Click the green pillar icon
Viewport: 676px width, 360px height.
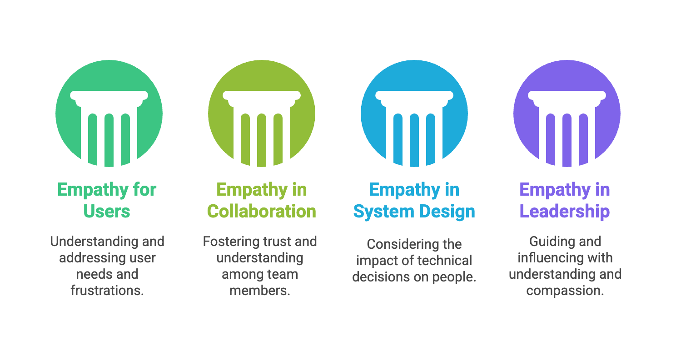(x=109, y=113)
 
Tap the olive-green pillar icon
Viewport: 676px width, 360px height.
(x=262, y=113)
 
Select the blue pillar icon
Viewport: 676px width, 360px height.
(x=414, y=113)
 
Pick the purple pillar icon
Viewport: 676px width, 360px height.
(x=567, y=113)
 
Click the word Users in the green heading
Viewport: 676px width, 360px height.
(x=107, y=212)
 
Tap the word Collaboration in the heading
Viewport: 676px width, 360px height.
(x=262, y=212)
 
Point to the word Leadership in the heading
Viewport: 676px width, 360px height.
(x=565, y=212)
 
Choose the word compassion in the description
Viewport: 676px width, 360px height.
(x=565, y=291)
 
